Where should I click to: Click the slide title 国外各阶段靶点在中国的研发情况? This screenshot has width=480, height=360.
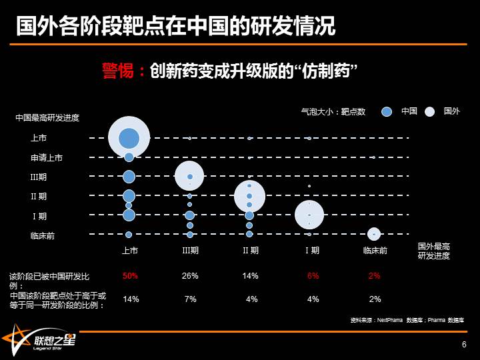tap(175, 26)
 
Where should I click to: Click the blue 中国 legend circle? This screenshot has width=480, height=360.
tap(387, 112)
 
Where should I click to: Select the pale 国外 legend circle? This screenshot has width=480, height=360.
tap(430, 112)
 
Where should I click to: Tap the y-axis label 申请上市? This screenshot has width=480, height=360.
tap(47, 158)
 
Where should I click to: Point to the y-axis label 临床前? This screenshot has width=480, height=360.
tap(43, 236)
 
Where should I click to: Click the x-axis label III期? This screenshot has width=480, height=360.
tap(190, 251)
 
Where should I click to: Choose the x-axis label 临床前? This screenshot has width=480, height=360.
tap(375, 251)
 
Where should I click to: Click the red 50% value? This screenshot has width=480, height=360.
tap(130, 275)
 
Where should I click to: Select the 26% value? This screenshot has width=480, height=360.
tap(190, 275)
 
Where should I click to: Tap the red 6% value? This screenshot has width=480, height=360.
tap(313, 275)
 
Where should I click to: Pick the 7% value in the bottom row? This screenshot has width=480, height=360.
tap(190, 299)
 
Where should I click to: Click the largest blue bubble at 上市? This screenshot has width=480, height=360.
tap(129, 138)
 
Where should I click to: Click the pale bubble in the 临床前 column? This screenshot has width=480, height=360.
tap(374, 233)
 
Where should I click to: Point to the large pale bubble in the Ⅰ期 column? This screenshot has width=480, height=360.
tap(309, 215)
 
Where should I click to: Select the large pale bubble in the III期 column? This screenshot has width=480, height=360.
tap(189, 176)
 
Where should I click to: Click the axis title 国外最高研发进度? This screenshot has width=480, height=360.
tap(434, 251)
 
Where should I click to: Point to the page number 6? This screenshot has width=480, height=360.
tap(464, 344)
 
